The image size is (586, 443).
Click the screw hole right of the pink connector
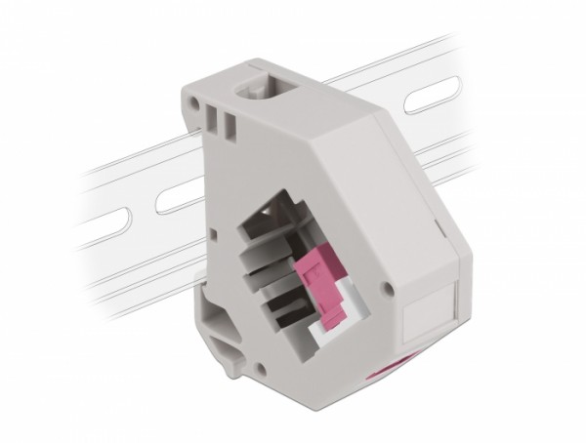[388, 289]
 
